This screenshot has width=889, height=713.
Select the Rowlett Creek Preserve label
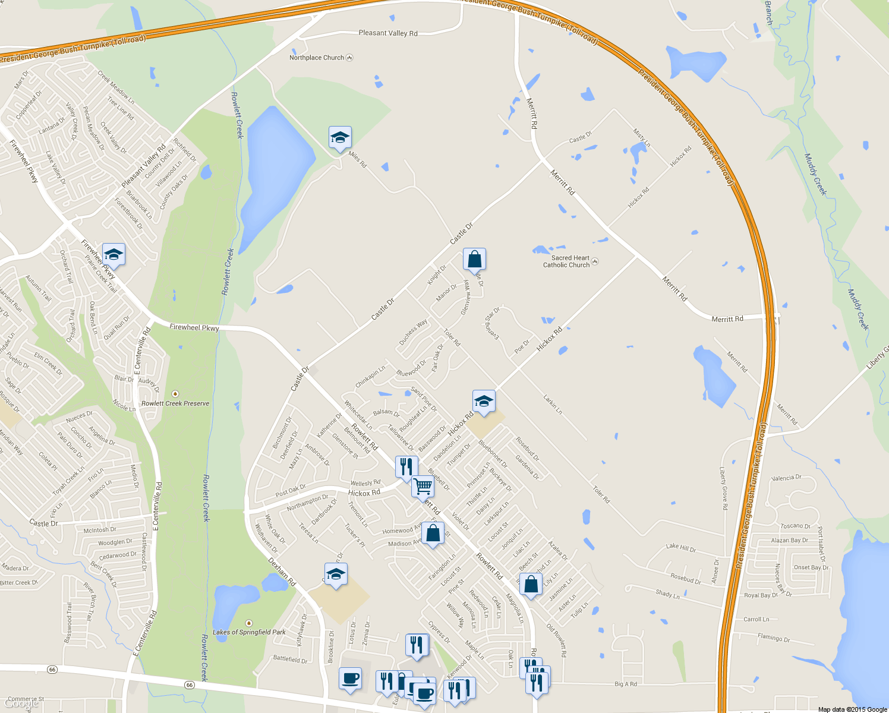pyautogui.click(x=175, y=403)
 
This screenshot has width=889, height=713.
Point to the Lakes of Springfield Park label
pyautogui.click(x=249, y=632)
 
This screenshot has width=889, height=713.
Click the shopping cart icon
pyautogui.click(x=423, y=486)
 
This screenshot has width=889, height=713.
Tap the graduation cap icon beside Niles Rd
pyautogui.click(x=340, y=138)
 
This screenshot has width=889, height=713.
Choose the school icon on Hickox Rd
pyautogui.click(x=484, y=402)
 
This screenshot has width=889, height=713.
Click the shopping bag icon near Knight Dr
pyautogui.click(x=474, y=260)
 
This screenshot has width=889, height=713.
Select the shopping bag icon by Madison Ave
pyautogui.click(x=433, y=533)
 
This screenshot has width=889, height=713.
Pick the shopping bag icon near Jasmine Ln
pyautogui.click(x=531, y=584)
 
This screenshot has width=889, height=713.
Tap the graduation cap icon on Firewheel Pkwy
pyautogui.click(x=114, y=255)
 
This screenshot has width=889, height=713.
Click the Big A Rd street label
pyautogui.click(x=625, y=684)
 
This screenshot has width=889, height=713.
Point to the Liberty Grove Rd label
pyautogui.click(x=723, y=489)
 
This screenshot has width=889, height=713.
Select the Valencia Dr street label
pyautogui.click(x=786, y=478)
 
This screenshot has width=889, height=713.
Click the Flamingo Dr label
pyautogui.click(x=774, y=638)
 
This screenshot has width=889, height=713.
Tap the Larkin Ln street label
pyautogui.click(x=552, y=404)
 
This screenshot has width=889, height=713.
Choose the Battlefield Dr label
pyautogui.click(x=290, y=659)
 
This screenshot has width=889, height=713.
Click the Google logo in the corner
pyautogui.click(x=21, y=703)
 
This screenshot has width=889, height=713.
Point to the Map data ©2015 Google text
pyautogui.click(x=852, y=709)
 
